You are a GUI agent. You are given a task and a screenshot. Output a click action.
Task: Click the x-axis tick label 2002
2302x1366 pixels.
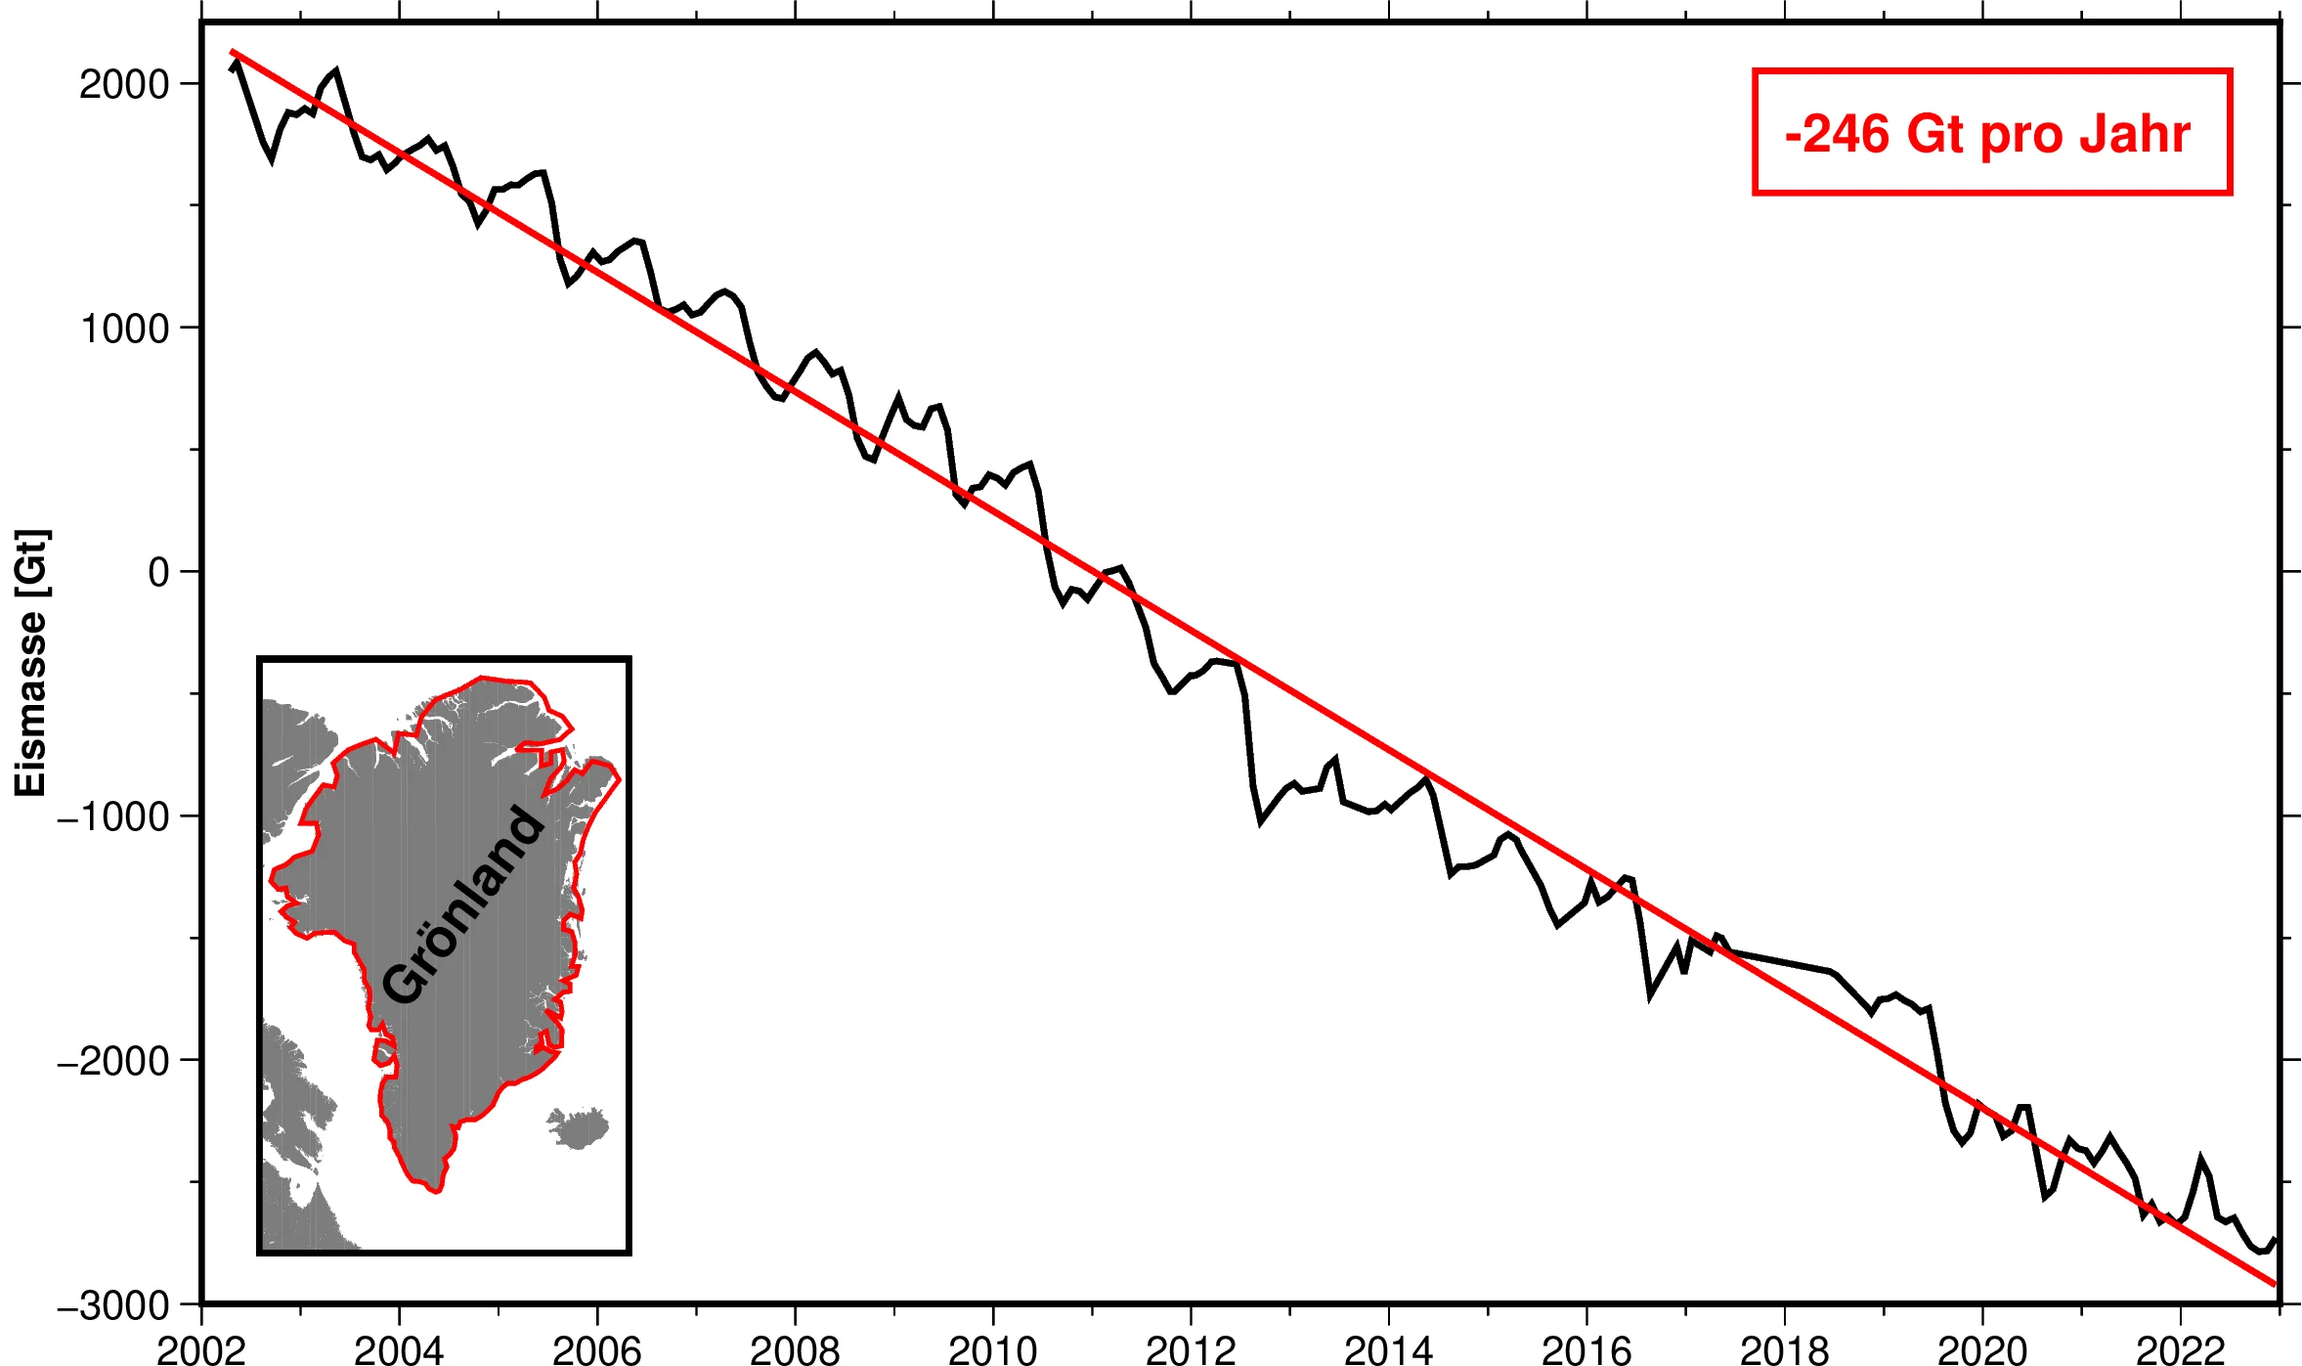(x=200, y=1349)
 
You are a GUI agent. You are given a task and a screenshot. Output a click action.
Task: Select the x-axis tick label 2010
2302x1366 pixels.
(x=992, y=1349)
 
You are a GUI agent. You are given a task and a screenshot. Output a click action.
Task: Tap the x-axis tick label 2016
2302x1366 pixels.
(x=1585, y=1349)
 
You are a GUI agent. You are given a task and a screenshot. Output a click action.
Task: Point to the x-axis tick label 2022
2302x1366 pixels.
(x=2180, y=1349)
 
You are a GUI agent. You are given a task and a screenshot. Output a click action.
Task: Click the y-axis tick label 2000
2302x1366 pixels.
(x=124, y=85)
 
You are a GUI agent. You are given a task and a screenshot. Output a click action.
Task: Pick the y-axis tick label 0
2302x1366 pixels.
(x=158, y=573)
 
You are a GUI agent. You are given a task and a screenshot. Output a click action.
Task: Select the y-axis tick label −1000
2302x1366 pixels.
(x=113, y=816)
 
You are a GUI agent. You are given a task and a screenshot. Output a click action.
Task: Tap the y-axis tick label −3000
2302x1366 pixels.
(x=113, y=1305)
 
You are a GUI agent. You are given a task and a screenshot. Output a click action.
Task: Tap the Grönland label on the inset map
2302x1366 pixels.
(x=462, y=904)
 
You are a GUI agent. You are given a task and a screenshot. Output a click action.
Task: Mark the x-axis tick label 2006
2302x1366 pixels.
(x=596, y=1349)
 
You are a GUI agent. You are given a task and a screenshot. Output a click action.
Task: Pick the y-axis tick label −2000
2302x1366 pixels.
(x=113, y=1061)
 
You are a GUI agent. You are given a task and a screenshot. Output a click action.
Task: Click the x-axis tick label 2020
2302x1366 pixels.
(x=1981, y=1349)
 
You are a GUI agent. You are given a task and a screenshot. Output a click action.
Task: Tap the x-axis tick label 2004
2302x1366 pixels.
(x=399, y=1349)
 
